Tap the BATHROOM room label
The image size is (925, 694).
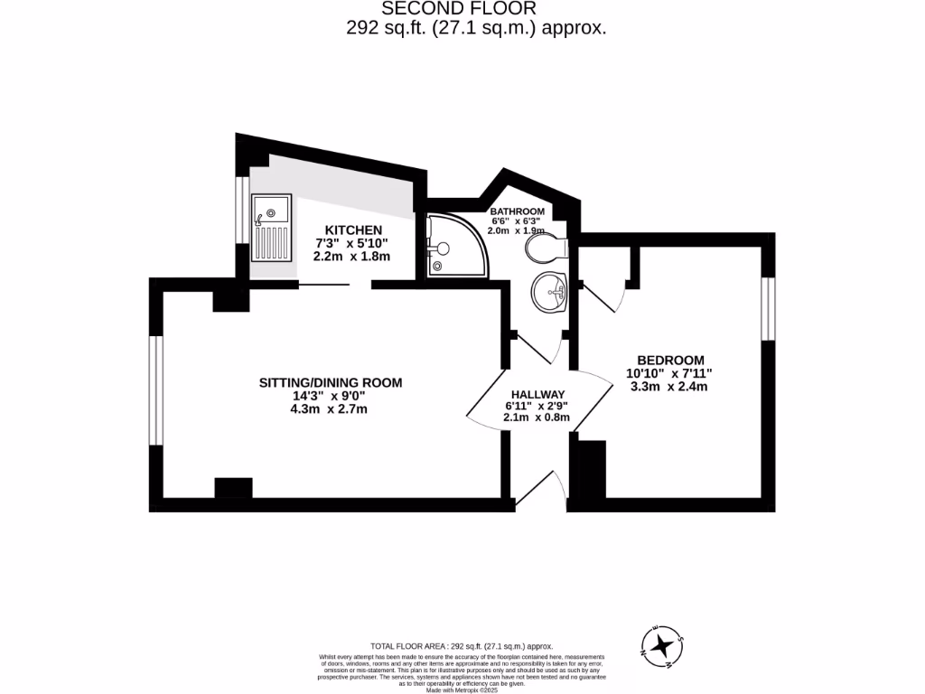point(517,211)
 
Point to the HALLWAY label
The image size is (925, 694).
point(537,394)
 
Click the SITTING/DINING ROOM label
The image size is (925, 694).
point(330,382)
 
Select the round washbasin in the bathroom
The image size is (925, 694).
point(548,291)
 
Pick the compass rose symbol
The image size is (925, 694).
point(664,644)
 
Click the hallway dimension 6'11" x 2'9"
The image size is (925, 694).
point(537,406)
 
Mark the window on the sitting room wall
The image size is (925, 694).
point(155,389)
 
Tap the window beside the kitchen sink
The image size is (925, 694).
point(241,210)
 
